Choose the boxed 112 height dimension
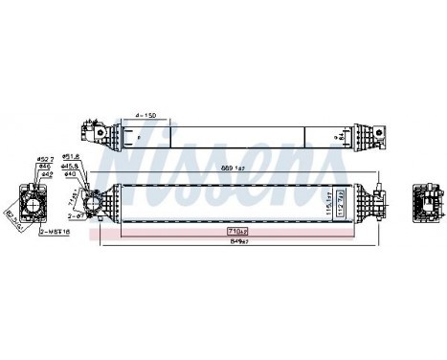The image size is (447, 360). click(x=338, y=203)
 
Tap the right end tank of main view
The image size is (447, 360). click(x=369, y=203)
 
